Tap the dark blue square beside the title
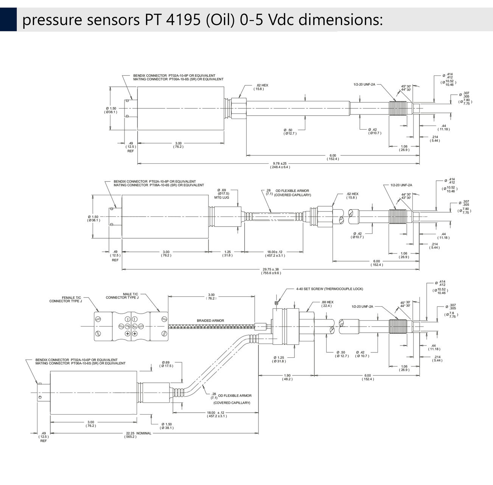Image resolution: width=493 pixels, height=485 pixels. pos(8,19)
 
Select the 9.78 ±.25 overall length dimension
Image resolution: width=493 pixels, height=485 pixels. pos(280,165)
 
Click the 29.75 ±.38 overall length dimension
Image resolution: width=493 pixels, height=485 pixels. pos(271,271)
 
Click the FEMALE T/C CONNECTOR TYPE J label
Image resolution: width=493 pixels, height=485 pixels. pos(66,299)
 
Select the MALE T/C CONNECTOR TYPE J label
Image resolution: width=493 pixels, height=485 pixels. pos(122,296)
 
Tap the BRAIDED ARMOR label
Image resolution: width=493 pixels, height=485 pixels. pos(210,321)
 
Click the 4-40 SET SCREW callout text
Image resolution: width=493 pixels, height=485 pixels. pos(330,289)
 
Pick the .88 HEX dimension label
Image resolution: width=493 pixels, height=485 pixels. pos(327,304)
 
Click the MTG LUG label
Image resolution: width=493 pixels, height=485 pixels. pos(222,197)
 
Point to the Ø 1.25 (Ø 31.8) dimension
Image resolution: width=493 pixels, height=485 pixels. pos(279,360)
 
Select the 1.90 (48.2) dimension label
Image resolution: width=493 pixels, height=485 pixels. pos(287,377)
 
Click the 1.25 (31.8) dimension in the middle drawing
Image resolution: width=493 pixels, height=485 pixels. pos(227,253)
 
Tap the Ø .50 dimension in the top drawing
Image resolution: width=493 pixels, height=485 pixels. pos(290,132)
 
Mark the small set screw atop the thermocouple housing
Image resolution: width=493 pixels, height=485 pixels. pos(276,304)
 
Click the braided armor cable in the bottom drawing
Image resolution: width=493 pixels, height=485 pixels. pos(212,326)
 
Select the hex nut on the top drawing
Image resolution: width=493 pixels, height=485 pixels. pos(239,108)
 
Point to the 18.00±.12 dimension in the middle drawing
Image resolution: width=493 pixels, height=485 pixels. pos(275,253)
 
